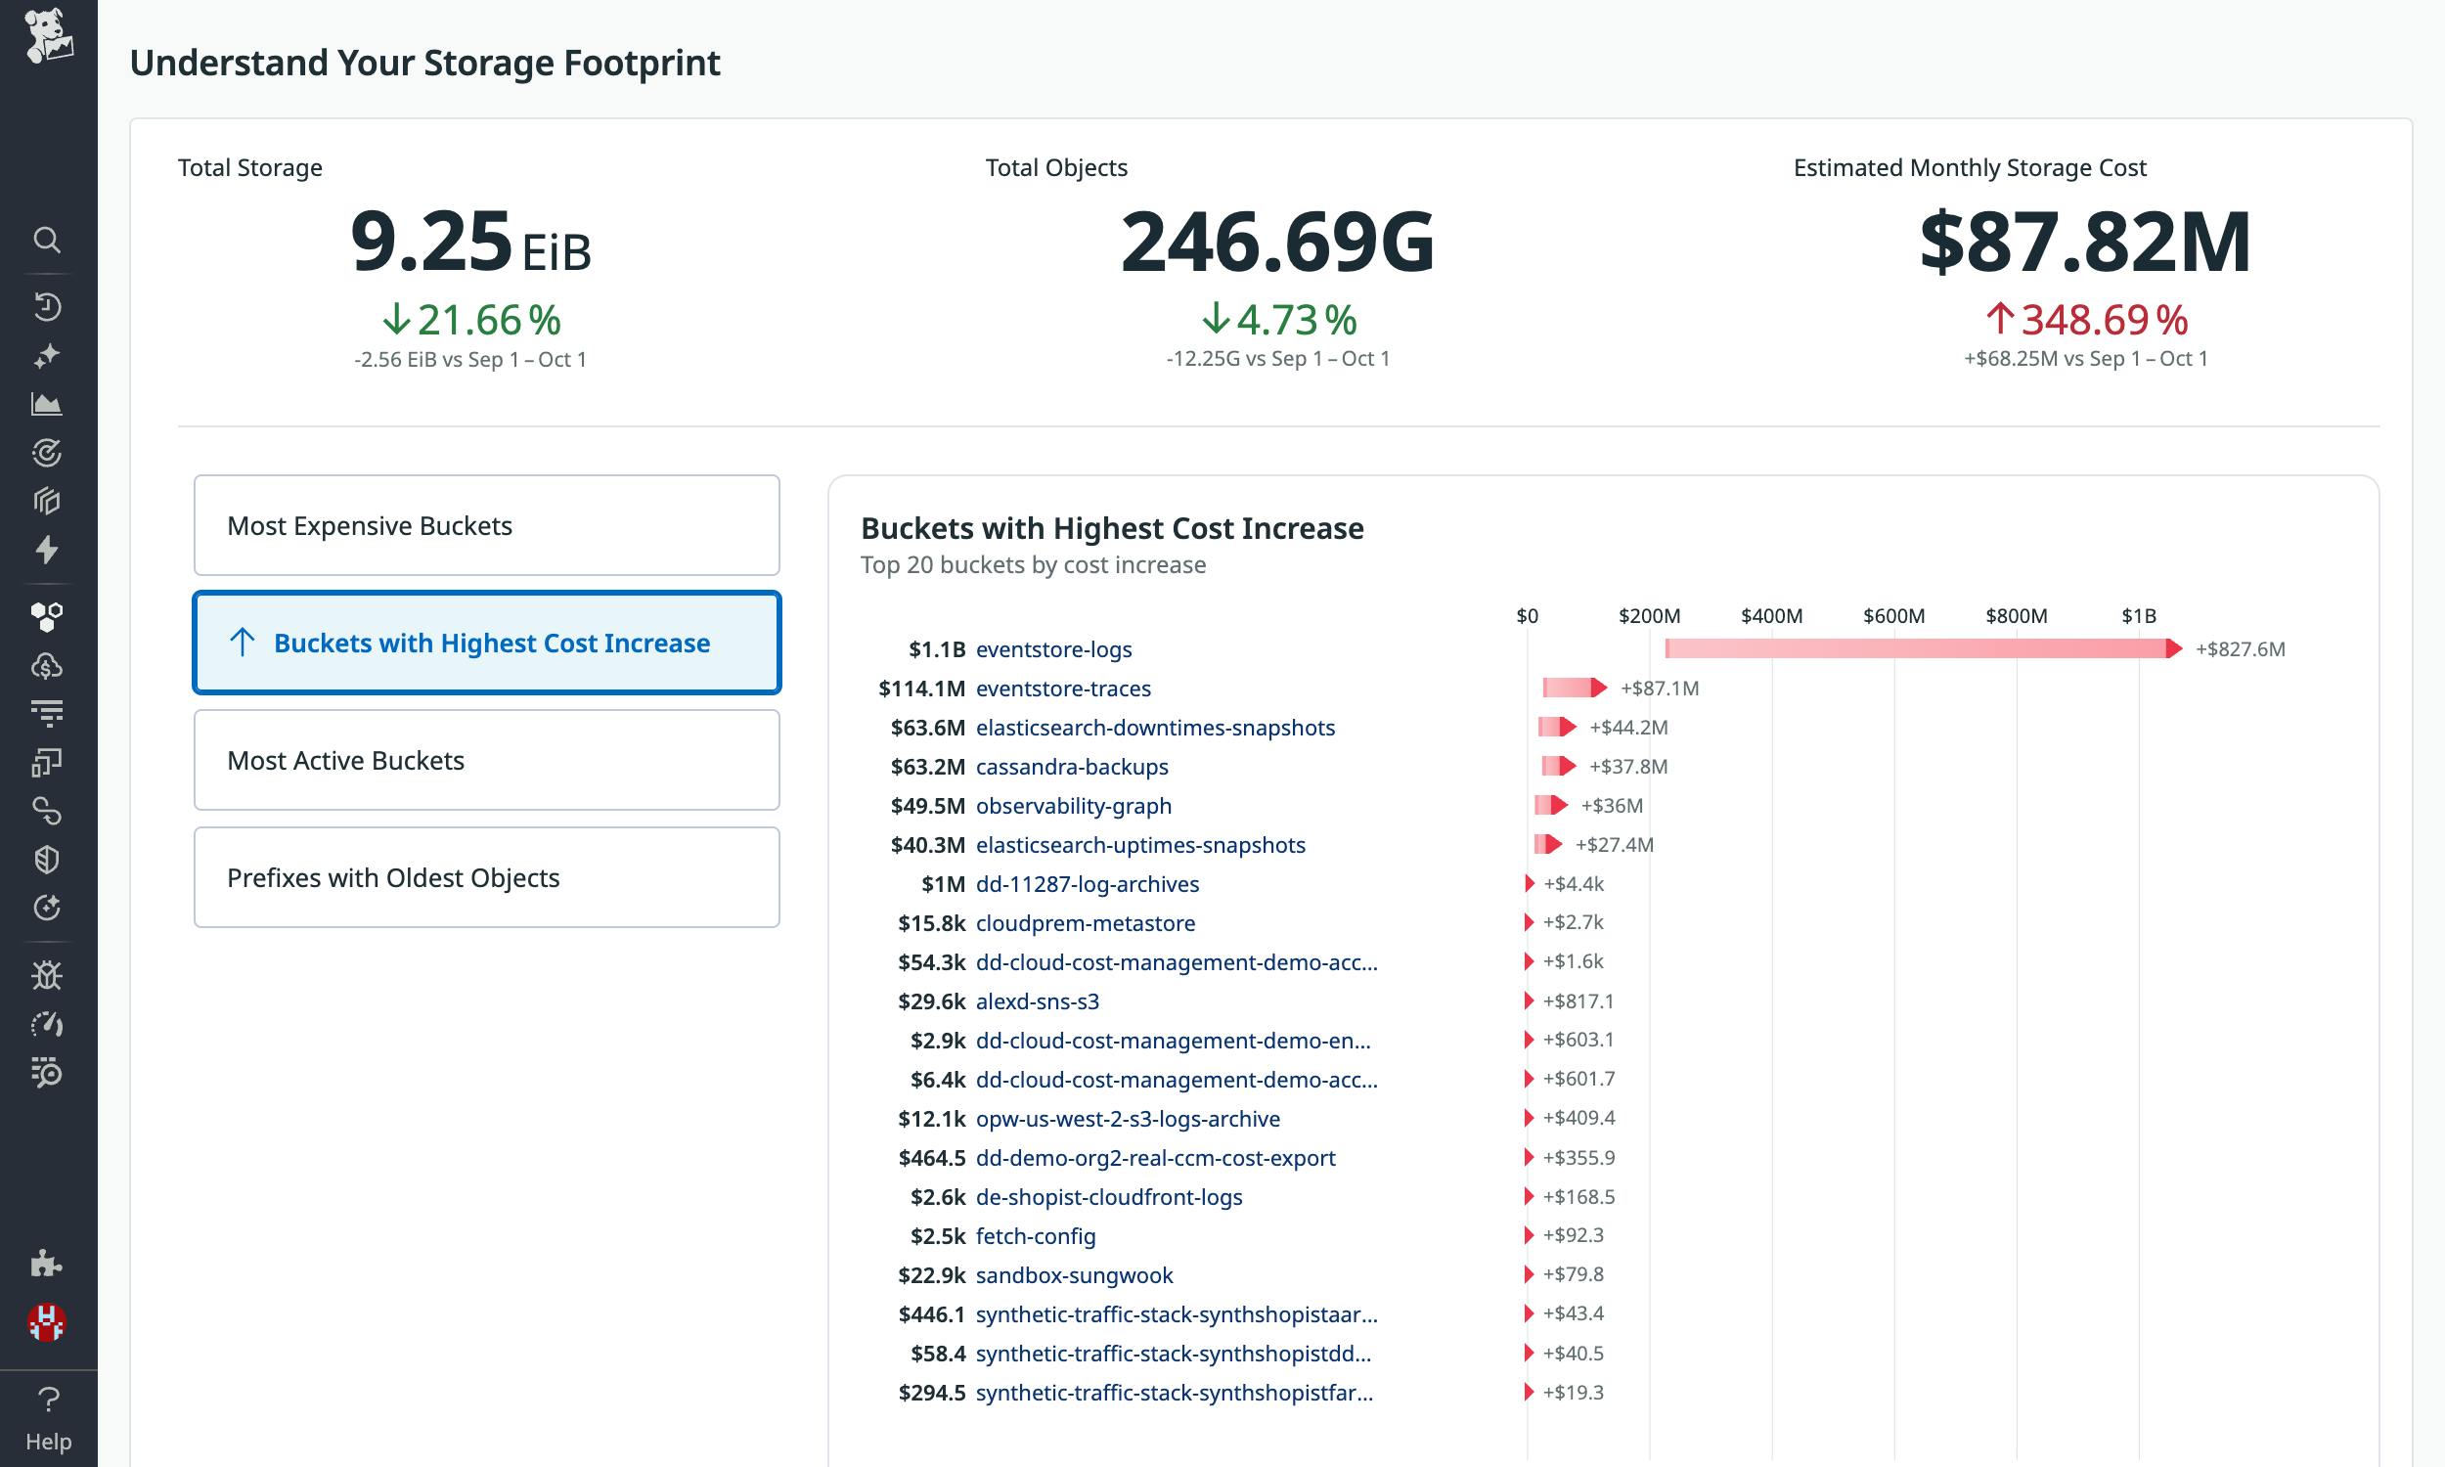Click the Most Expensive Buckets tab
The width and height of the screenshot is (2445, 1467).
click(x=486, y=525)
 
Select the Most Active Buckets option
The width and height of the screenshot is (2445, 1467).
click(x=486, y=760)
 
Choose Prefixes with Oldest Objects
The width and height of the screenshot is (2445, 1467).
click(x=486, y=878)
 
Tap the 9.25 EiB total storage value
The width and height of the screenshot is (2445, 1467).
click(x=469, y=243)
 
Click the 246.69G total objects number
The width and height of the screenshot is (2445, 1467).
click(x=1277, y=243)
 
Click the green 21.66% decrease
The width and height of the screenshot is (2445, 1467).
click(x=471, y=320)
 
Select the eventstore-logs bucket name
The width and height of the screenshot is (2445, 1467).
click(x=1053, y=649)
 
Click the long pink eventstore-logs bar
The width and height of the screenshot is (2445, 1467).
click(x=1917, y=648)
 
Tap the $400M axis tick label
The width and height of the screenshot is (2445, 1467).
click(x=1771, y=616)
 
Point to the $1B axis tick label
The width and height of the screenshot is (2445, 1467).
click(x=2139, y=616)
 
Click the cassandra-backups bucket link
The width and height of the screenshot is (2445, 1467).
click(x=1071, y=767)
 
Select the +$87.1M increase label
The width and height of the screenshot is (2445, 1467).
click(x=1660, y=689)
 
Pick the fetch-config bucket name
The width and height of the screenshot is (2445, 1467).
click(x=1035, y=1236)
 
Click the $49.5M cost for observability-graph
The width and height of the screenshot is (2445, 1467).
click(x=927, y=806)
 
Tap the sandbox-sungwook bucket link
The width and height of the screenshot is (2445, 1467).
click(x=1073, y=1275)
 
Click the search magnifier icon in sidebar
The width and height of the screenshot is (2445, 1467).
click(x=46, y=240)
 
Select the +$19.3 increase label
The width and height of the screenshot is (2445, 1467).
click(x=1573, y=1393)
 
